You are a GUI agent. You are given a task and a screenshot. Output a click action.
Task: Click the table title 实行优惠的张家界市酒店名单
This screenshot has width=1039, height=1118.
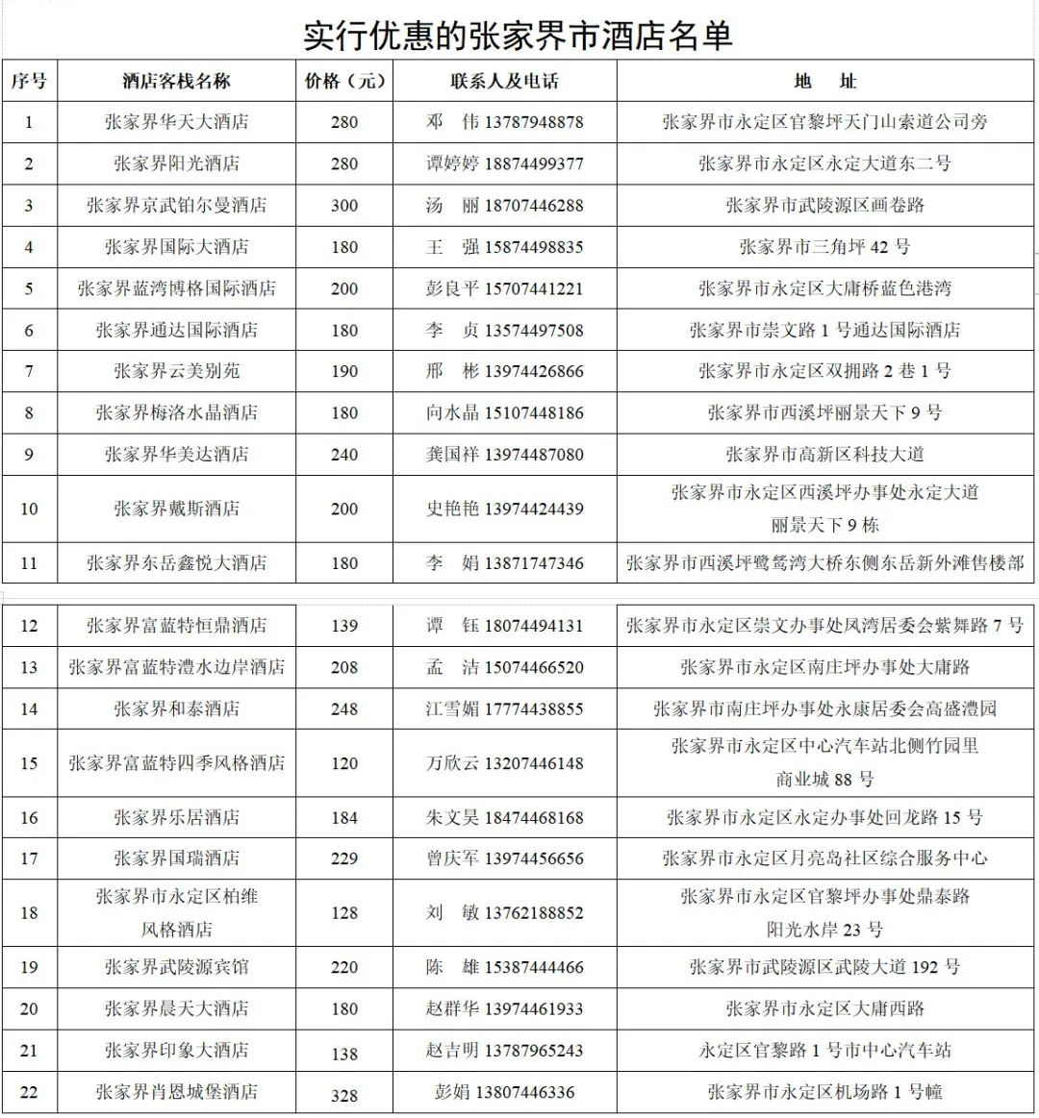point(519,36)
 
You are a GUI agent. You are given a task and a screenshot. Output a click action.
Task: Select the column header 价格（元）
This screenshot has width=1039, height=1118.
point(344,82)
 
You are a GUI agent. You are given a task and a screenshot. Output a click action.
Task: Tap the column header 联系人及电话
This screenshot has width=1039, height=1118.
point(504,82)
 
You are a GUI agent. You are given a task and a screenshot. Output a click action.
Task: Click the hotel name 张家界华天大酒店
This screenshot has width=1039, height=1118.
point(176,122)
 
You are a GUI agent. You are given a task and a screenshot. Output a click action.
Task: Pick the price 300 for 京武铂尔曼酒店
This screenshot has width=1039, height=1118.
point(344,206)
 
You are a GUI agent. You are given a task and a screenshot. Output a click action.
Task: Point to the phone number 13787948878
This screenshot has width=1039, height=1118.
point(534,122)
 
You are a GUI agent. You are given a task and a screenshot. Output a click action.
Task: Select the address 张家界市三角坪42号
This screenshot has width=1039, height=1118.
point(824,247)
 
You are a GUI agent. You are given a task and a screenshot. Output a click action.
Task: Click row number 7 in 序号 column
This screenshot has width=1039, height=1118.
point(29,371)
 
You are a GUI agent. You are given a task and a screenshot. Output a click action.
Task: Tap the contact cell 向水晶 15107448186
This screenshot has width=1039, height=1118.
point(504,413)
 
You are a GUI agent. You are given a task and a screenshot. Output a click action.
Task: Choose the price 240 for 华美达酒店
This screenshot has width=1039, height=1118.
point(344,455)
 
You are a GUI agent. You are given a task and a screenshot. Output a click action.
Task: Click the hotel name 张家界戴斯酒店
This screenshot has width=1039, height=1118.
point(176,509)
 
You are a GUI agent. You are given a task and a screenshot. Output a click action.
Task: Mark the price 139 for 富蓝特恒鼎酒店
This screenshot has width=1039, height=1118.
point(344,626)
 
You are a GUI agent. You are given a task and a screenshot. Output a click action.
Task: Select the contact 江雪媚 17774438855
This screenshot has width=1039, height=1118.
point(504,709)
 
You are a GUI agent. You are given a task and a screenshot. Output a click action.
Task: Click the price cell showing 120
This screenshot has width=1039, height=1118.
point(344,763)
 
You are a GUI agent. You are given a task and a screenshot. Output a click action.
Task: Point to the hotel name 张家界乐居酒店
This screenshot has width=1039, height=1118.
point(176,818)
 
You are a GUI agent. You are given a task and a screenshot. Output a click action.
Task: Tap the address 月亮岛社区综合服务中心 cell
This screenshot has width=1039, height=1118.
point(824,858)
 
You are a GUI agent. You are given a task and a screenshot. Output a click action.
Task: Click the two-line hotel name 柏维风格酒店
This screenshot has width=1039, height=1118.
point(176,912)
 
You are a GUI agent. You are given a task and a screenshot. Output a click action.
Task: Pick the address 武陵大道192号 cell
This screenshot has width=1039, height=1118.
point(824,967)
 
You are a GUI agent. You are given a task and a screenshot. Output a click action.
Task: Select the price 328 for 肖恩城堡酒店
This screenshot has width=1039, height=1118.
point(344,1094)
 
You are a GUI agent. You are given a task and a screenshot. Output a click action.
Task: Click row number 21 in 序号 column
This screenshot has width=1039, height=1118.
point(29,1051)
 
